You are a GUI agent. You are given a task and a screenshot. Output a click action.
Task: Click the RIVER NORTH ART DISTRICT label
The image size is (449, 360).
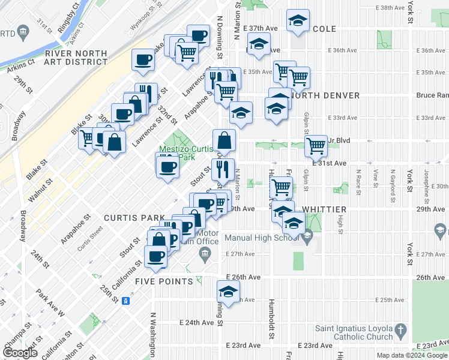click(76, 59)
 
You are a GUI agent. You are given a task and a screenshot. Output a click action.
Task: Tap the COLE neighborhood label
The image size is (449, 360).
click(324, 29)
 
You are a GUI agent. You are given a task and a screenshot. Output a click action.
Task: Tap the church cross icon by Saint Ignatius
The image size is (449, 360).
click(401, 330)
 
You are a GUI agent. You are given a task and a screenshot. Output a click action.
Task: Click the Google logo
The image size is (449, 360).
click(20, 352)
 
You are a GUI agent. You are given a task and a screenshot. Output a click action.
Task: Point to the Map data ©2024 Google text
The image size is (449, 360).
click(411, 355)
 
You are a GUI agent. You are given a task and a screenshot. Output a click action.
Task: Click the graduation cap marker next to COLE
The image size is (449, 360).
click(298, 20)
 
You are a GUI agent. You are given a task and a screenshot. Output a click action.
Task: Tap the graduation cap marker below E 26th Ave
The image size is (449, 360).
click(228, 292)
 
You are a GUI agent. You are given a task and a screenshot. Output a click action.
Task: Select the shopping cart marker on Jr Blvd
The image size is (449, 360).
click(316, 145)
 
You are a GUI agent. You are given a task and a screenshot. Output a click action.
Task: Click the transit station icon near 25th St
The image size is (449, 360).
click(126, 301)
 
